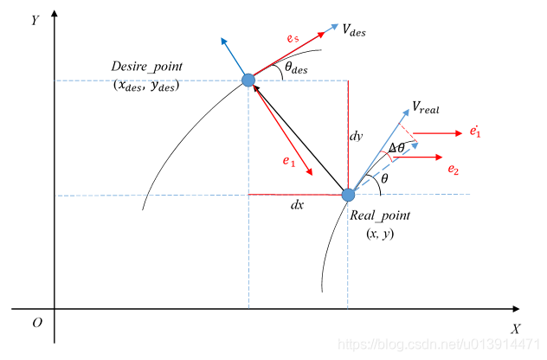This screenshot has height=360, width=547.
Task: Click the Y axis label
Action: click(x=34, y=20)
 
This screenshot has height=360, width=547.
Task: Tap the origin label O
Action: click(x=36, y=322)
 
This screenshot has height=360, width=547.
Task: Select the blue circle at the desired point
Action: click(x=248, y=80)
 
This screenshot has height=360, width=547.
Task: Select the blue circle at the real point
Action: click(x=348, y=196)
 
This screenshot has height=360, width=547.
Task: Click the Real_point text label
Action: click(x=382, y=215)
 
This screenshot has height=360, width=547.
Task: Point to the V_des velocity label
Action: click(x=353, y=31)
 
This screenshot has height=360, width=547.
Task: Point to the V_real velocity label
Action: click(x=427, y=106)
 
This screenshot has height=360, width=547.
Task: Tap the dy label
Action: click(x=356, y=137)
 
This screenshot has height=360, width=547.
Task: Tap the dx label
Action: click(x=298, y=206)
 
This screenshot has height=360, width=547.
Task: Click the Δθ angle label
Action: click(x=396, y=148)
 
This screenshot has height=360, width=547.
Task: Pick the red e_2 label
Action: click(x=453, y=170)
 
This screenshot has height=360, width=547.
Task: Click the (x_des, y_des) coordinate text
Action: click(x=145, y=86)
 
